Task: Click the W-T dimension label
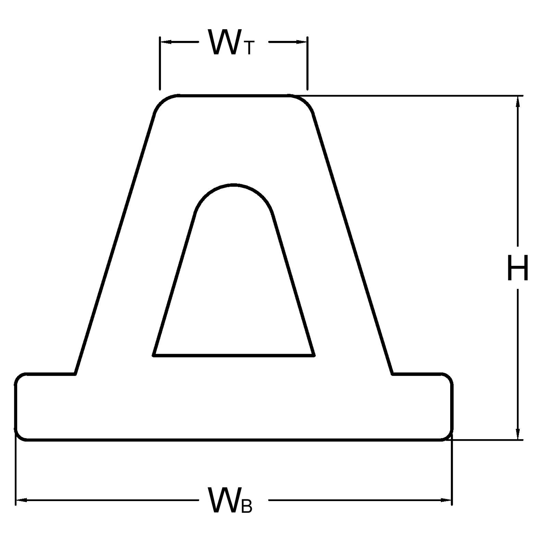[231, 42]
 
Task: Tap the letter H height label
[518, 268]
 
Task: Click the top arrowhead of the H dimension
[518, 102]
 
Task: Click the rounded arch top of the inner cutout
[234, 195]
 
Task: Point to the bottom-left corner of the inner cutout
[154, 356]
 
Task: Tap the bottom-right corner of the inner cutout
[314, 356]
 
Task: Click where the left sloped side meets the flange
[75, 374]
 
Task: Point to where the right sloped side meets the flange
[393, 374]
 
